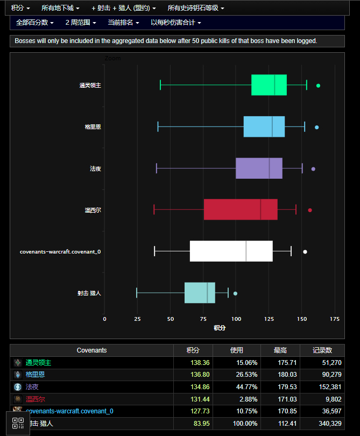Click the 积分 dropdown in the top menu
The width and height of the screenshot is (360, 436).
point(20,8)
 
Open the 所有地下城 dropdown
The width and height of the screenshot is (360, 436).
point(60,8)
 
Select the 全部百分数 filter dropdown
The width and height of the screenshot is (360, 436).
point(35,23)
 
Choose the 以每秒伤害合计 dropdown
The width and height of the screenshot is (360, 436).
point(176,23)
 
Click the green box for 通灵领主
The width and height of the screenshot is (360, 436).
point(269,85)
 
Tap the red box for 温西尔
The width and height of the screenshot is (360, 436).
point(241,209)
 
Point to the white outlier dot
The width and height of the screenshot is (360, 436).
point(305,252)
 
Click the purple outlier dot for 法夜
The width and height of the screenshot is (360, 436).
point(313,169)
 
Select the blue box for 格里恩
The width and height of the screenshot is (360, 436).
point(264,127)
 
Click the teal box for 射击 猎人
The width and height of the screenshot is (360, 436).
point(200,293)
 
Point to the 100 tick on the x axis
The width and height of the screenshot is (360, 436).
point(236,319)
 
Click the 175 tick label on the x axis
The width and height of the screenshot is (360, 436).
point(335,319)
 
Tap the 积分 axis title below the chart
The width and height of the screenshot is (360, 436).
point(220,328)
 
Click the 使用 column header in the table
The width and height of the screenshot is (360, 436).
point(237,350)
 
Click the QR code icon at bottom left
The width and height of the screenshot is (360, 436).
point(18,423)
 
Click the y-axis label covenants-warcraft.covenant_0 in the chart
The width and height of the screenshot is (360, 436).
point(60,252)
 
